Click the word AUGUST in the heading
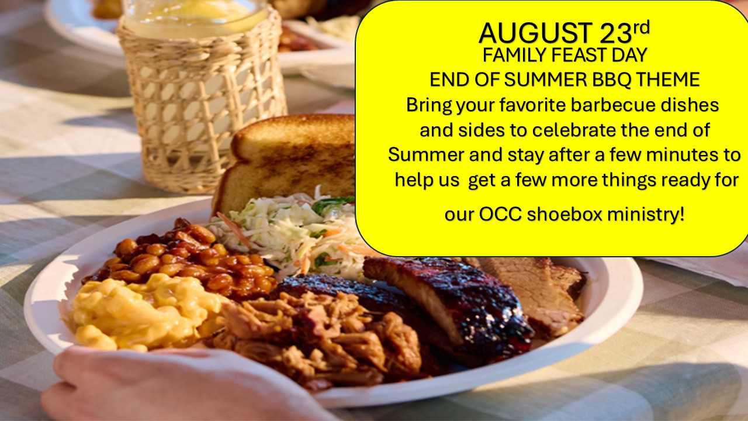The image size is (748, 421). (535, 33)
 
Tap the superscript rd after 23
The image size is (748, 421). (641, 27)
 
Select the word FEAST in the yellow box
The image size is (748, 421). (583, 55)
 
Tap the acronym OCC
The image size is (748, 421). (500, 214)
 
